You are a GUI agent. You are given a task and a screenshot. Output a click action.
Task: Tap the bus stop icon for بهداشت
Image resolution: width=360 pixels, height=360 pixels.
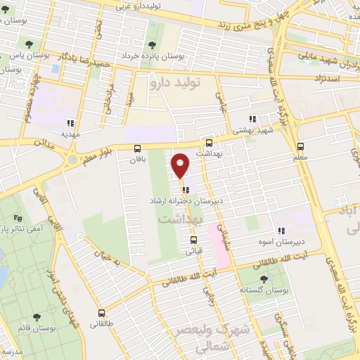pyautogui.click(x=208, y=142)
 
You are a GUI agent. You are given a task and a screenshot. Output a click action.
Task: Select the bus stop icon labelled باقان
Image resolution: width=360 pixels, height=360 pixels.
pyautogui.click(x=137, y=148)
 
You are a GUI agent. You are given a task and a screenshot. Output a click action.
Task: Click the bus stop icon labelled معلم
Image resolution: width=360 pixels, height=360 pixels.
pyautogui.click(x=301, y=146)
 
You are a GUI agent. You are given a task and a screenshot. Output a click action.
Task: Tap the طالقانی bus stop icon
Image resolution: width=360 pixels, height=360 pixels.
pyautogui.click(x=103, y=313)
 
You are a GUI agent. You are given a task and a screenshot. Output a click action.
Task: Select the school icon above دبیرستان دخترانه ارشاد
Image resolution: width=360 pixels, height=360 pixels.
pyautogui.click(x=184, y=189)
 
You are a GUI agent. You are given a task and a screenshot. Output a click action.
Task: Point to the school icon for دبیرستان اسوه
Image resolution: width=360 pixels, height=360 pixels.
pyautogui.click(x=281, y=231)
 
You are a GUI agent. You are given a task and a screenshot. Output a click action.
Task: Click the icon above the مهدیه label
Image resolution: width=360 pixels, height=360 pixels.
pyautogui.click(x=70, y=121)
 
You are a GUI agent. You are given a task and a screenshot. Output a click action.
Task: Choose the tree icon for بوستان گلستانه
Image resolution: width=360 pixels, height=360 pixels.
pyautogui.click(x=264, y=279)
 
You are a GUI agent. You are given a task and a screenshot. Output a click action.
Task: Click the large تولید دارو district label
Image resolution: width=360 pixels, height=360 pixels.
pyautogui.click(x=176, y=83)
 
